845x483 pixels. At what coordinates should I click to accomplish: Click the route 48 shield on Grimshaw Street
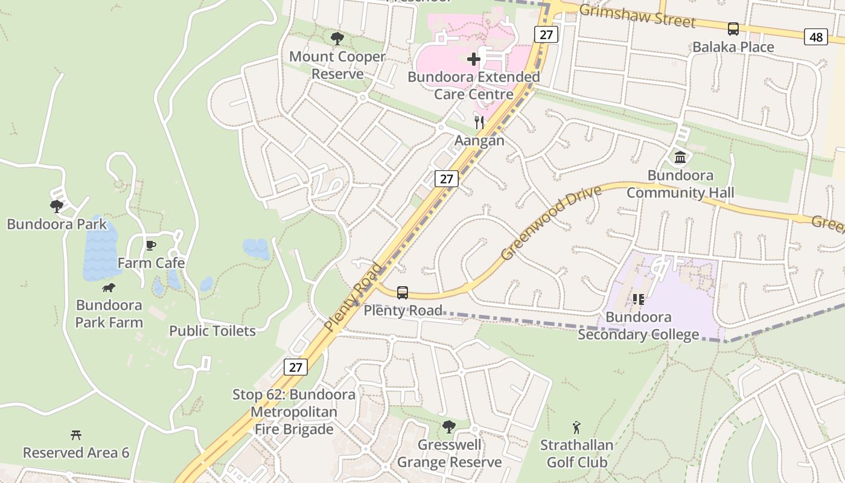click(815, 37)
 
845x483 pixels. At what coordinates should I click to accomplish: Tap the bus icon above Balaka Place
click(733, 28)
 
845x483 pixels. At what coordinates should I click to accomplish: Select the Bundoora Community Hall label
click(680, 184)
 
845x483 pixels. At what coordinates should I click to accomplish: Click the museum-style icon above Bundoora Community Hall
click(680, 158)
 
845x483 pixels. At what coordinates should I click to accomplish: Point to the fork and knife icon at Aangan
click(479, 123)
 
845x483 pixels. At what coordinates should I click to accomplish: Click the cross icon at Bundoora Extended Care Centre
click(474, 59)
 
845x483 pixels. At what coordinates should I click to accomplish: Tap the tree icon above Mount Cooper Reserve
click(337, 39)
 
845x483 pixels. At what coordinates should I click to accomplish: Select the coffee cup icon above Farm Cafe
click(151, 245)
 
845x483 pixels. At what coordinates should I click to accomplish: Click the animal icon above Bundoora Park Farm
click(109, 288)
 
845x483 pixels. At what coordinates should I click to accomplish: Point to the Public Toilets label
click(212, 331)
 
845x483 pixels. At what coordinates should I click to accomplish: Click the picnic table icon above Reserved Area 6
click(76, 435)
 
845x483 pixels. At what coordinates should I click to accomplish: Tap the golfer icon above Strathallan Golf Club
click(576, 428)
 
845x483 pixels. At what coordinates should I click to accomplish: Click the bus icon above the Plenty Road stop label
click(403, 293)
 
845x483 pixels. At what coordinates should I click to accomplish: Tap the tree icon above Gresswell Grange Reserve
click(448, 427)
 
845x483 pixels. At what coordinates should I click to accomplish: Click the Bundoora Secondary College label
click(639, 326)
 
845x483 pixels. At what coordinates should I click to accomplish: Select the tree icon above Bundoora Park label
click(57, 206)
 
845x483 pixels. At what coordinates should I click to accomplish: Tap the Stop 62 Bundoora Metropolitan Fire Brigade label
click(294, 412)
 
